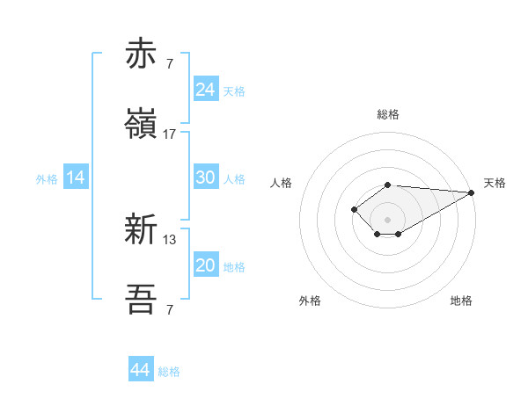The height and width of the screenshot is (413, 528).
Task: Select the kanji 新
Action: click(142, 229)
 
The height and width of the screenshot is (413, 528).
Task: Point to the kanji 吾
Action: click(142, 300)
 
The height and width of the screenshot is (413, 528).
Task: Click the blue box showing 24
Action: click(205, 90)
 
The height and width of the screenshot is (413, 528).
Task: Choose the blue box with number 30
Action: click(205, 178)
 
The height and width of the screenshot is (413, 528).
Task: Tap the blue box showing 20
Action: click(205, 265)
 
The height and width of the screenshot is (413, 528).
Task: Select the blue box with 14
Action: click(76, 178)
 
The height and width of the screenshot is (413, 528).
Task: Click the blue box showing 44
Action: click(140, 371)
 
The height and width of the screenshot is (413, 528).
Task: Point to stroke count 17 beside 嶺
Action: click(170, 134)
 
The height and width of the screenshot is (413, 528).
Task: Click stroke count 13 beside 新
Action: click(170, 239)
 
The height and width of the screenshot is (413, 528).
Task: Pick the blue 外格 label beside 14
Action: click(47, 178)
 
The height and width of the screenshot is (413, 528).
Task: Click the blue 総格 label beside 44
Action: click(169, 372)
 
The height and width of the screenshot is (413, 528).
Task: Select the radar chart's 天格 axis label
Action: click(495, 183)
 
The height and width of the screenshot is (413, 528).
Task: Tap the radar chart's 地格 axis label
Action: click(461, 301)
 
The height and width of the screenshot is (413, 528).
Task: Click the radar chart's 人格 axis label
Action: click(282, 183)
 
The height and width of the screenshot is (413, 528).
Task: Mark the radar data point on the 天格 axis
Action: click(472, 192)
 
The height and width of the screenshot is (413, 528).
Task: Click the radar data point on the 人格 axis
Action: click(354, 209)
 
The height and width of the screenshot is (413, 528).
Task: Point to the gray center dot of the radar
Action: click(387, 219)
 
